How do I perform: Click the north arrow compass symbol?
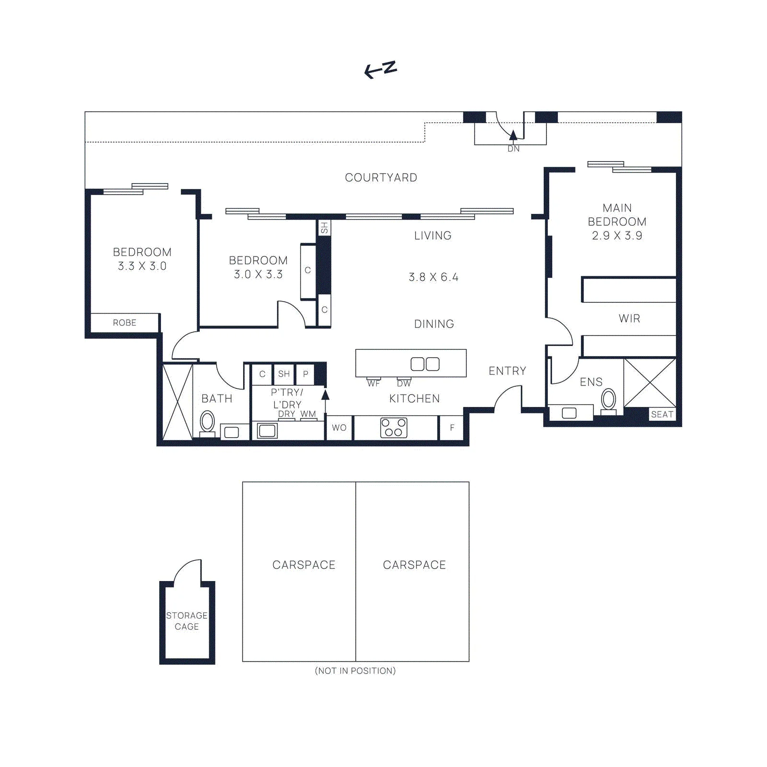[x=381, y=70]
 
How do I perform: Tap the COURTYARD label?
[x=381, y=178]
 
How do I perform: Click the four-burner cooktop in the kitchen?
[x=394, y=428]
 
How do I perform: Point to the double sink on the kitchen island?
[x=425, y=364]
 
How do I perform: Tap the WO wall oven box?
[x=339, y=428]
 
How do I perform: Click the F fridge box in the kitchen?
[x=452, y=428]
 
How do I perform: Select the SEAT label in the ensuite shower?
[x=662, y=415]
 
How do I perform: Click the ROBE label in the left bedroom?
[x=125, y=323]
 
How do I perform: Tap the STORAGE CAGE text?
[x=187, y=621]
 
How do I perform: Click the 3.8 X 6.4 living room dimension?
[x=433, y=278]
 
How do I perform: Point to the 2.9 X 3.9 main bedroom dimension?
[x=617, y=236]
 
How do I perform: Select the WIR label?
[x=629, y=319]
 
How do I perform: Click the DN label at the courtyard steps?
[x=513, y=149]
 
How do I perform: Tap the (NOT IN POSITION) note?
[x=355, y=671]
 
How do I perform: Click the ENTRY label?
[x=507, y=371]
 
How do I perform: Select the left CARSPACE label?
[x=304, y=565]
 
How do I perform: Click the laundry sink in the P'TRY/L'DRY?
[x=267, y=430]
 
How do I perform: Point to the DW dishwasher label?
[x=404, y=383]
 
